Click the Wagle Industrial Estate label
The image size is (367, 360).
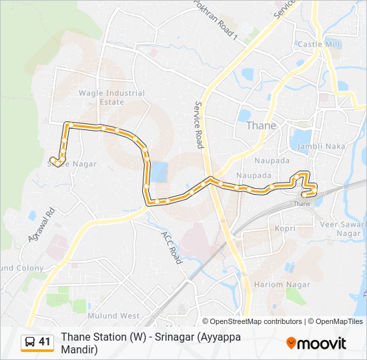(101, 98)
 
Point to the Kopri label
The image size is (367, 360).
(285, 228)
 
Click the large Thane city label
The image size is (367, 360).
(261, 125)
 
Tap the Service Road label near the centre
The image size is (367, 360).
(199, 124)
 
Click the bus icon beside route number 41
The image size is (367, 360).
(29, 343)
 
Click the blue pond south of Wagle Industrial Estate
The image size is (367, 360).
(159, 173)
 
